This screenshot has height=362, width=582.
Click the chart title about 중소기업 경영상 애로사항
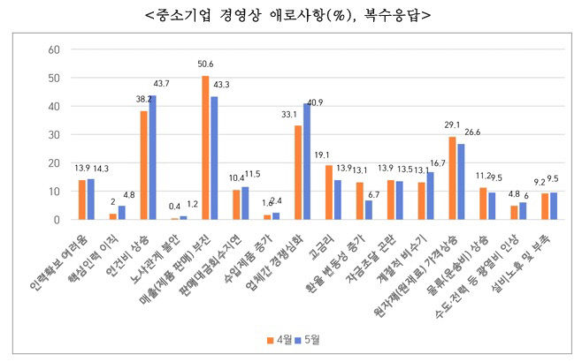coord(291,14)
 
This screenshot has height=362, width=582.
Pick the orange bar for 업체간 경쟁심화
coord(298,172)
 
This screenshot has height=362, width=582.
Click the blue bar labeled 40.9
coord(307,162)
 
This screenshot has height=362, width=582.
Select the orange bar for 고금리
coord(329,192)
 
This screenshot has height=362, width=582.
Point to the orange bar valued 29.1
coord(452,178)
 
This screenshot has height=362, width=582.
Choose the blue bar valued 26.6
coord(461,182)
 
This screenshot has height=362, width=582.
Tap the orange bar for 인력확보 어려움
coord(82,200)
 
